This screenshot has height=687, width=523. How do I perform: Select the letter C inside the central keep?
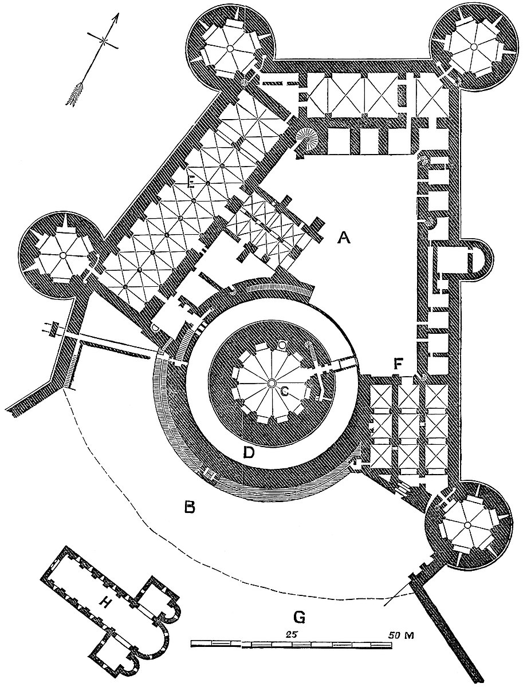click(285, 391)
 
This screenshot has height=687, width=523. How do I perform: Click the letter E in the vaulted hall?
click(192, 182)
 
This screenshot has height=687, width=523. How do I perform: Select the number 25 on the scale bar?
click(291, 635)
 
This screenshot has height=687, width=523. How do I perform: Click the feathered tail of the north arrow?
click(76, 93)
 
